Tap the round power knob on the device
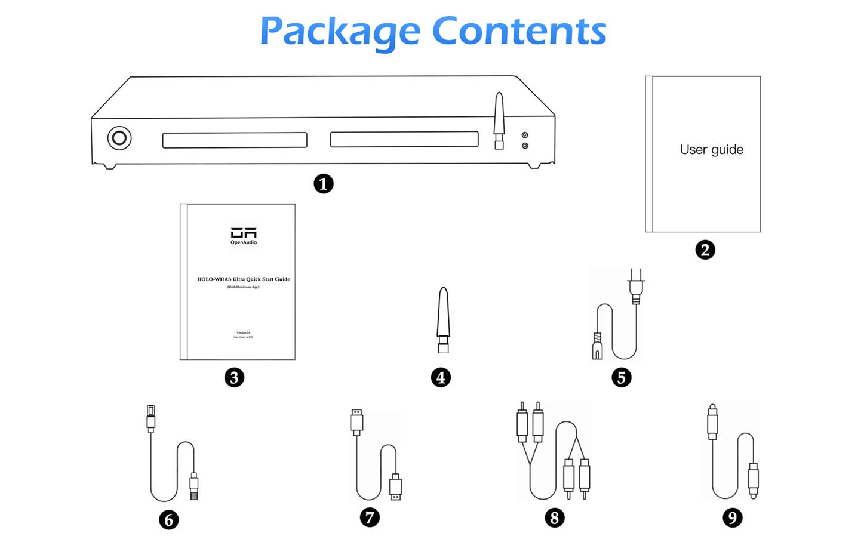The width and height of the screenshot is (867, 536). [x=119, y=138]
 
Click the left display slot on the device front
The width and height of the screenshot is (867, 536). [x=235, y=140]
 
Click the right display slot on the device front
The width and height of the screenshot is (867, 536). [x=404, y=139]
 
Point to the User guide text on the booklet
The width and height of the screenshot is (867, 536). [x=711, y=149]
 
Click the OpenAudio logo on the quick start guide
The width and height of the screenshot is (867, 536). [x=244, y=235]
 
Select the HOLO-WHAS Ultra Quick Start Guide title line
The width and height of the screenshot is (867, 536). [x=244, y=279]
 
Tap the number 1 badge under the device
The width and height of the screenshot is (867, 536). [x=324, y=184]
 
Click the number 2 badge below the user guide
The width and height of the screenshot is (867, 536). [x=705, y=249]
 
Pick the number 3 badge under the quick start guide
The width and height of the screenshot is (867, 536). [x=234, y=377]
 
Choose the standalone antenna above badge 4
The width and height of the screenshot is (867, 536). [x=442, y=319]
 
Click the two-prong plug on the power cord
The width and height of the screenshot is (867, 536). [x=635, y=285]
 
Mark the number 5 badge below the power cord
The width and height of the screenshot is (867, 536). [x=621, y=377]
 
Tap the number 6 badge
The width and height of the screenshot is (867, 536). [x=169, y=520]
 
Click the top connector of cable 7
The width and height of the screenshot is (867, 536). [x=356, y=421]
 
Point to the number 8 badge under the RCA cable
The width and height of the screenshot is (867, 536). [x=554, y=517]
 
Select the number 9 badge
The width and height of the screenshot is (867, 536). [x=732, y=517]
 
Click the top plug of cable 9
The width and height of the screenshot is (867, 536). [x=712, y=421]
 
